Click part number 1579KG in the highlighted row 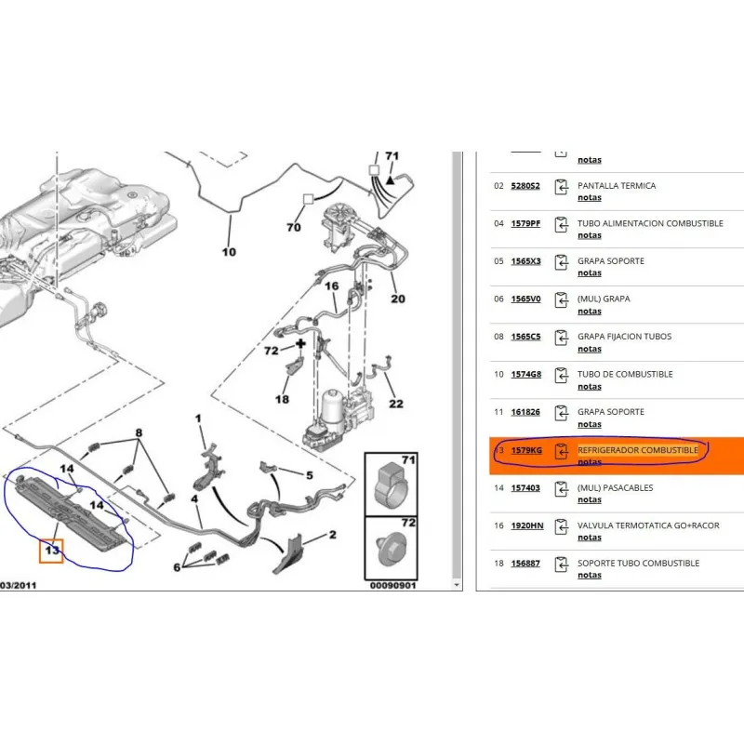point(526,450)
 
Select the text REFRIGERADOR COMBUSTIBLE point(638,450)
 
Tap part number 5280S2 point(525,185)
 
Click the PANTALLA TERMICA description point(617,185)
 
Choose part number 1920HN point(527,525)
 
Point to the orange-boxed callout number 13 point(52,551)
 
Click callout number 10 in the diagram point(229,252)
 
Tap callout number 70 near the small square point(294,227)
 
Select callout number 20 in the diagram point(398,299)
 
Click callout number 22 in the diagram point(396,404)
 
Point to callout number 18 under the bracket point(282,400)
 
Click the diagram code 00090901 point(392,586)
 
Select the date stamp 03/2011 point(18,586)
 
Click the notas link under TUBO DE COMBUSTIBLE point(590,387)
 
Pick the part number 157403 point(525,487)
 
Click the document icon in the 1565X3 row point(562,262)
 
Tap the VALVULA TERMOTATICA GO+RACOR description point(648,525)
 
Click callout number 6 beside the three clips point(177,567)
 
